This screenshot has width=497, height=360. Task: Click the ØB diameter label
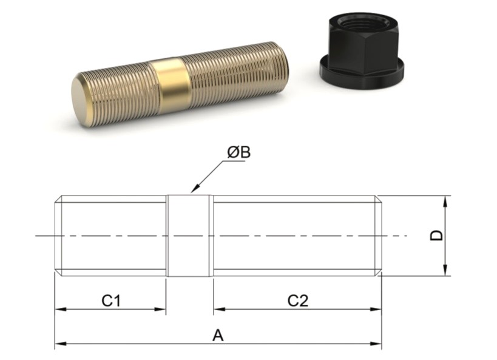[x=238, y=152]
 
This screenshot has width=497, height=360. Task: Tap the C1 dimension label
[x=111, y=301]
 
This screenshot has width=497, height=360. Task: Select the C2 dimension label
[x=297, y=301]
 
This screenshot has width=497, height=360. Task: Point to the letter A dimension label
[x=218, y=335]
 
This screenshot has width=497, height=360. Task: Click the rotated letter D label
[x=436, y=236]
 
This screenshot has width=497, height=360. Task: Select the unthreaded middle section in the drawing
[x=188, y=236]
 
